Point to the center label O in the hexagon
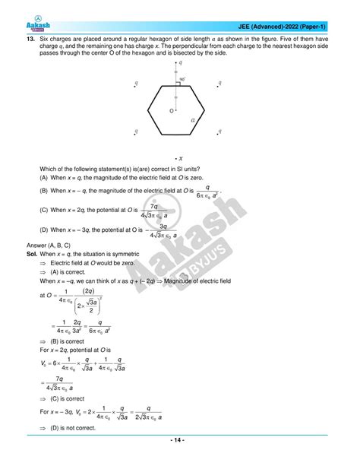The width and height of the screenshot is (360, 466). (162, 112)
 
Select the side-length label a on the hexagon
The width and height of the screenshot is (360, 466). (194, 119)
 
